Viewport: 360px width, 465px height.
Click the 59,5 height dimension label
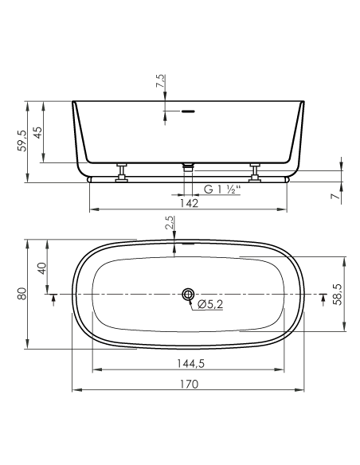pos(22,141)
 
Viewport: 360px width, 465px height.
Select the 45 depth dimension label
pos(37,132)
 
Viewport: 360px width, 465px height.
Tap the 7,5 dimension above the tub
pos(160,80)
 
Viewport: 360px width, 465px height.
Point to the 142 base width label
pos(189,204)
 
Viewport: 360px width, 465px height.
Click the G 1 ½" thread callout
pos(221,190)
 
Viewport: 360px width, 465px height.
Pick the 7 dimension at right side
pos(335,196)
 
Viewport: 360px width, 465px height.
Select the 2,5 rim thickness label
pos(169,223)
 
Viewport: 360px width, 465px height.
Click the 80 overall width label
pos(22,294)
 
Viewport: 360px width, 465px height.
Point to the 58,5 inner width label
pos(337,294)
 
